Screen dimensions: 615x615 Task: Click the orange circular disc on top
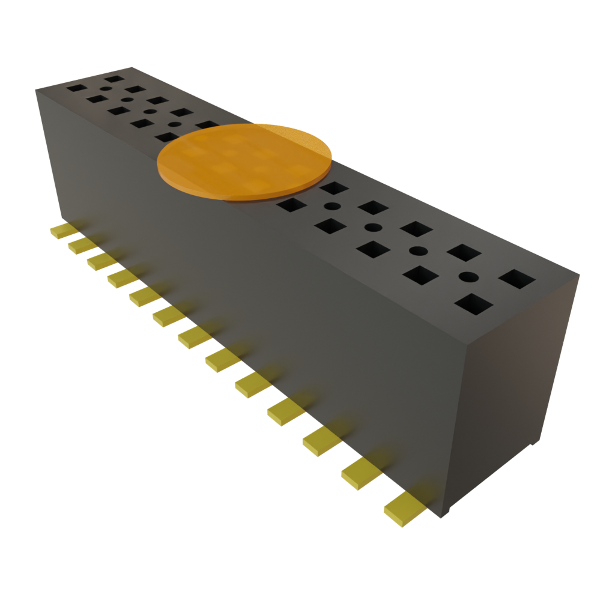click(x=244, y=160)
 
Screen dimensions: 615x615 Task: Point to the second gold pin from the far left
click(x=82, y=246)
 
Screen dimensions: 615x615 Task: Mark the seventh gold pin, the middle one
click(x=195, y=337)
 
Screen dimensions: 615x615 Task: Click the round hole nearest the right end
click(x=468, y=277)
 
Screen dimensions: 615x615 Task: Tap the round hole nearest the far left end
click(x=106, y=89)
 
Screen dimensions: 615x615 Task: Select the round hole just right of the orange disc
click(x=331, y=207)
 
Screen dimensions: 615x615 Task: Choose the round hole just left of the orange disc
click(x=174, y=124)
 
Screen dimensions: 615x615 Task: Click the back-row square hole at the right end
click(x=517, y=279)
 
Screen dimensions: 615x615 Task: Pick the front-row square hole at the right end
click(x=473, y=304)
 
